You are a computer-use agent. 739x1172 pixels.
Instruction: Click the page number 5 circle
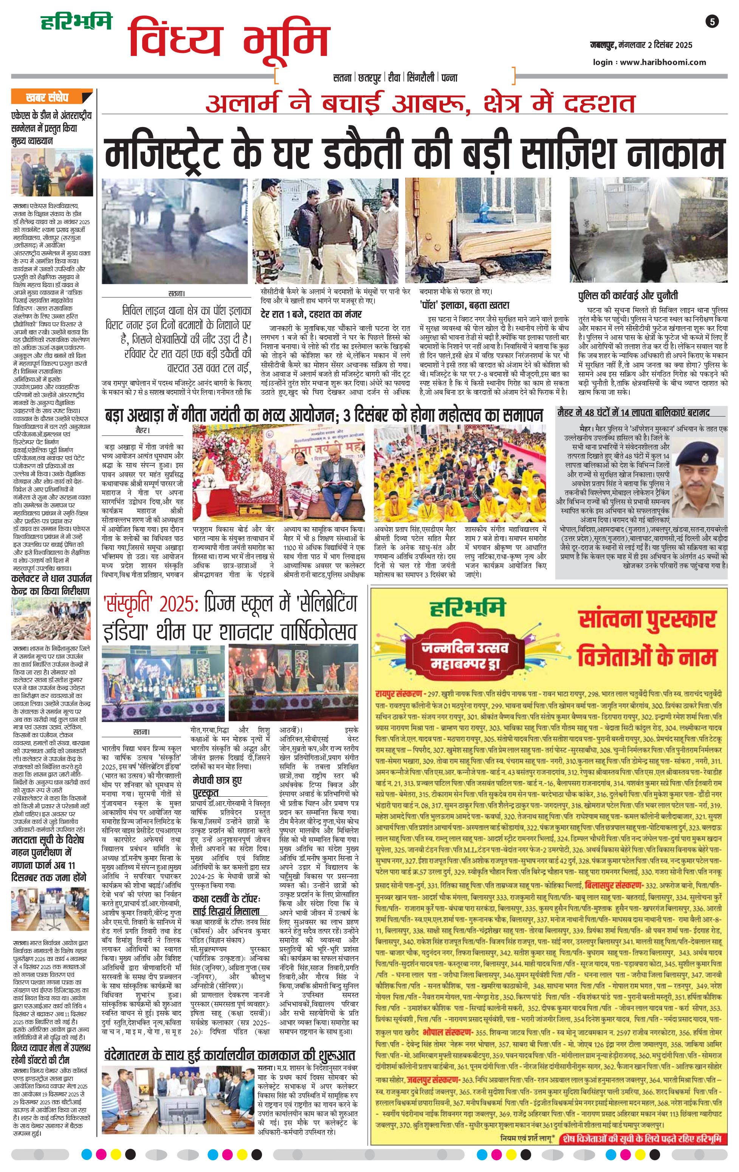[x=712, y=22]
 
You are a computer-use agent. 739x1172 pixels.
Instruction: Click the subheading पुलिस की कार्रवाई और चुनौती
[x=628, y=296]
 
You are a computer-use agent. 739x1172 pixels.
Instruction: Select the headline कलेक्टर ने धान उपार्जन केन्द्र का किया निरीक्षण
[x=50, y=585]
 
